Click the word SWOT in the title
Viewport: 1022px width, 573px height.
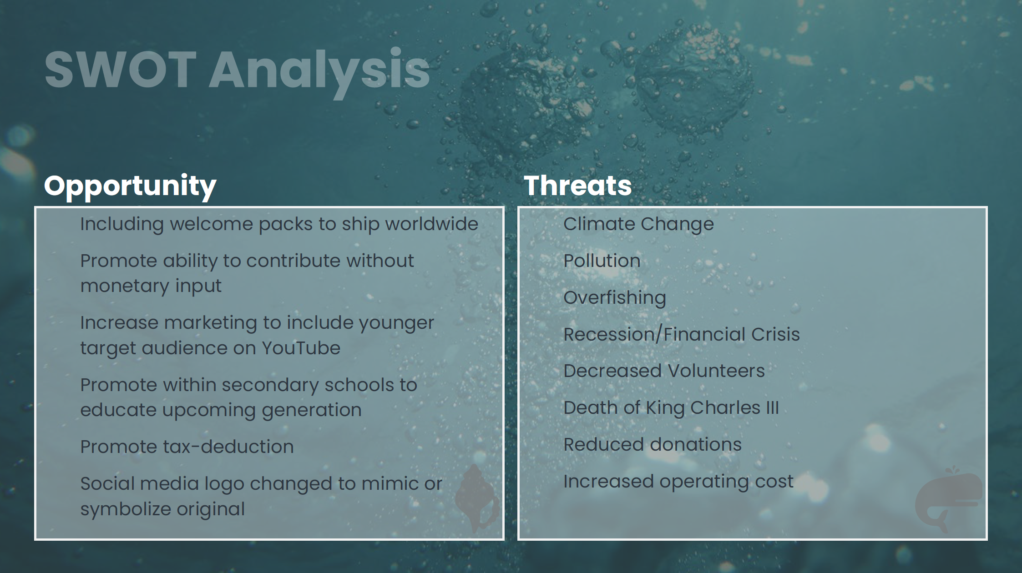click(x=121, y=70)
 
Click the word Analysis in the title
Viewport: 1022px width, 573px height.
click(x=319, y=73)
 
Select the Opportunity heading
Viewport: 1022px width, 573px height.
click(x=130, y=186)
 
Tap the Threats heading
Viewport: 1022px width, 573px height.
click(x=578, y=186)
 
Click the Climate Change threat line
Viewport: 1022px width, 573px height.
click(x=639, y=224)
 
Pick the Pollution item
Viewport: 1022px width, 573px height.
click(x=602, y=261)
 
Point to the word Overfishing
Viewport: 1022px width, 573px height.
click(x=615, y=298)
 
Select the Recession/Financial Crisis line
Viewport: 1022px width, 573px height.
click(x=682, y=334)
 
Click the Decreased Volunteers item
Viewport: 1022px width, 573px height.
click(x=664, y=371)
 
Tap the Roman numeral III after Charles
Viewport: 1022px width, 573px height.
click(x=773, y=408)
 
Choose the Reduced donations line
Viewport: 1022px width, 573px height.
click(x=653, y=444)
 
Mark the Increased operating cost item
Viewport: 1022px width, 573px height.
click(x=678, y=482)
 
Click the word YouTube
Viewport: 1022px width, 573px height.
click(x=301, y=348)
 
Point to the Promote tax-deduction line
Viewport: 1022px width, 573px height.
click(x=187, y=447)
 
